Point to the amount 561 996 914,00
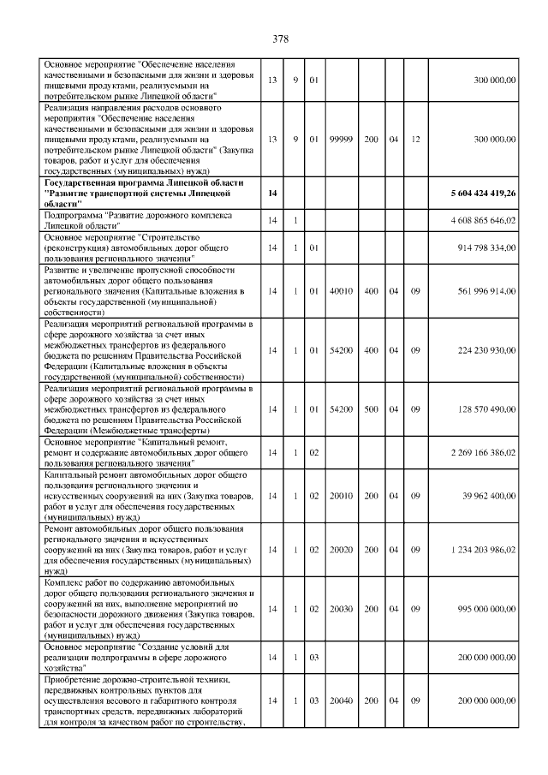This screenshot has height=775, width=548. [x=485, y=291]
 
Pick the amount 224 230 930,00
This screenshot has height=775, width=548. [x=485, y=349]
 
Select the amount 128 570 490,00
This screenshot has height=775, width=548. [x=485, y=408]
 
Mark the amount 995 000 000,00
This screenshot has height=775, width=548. [x=485, y=608]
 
